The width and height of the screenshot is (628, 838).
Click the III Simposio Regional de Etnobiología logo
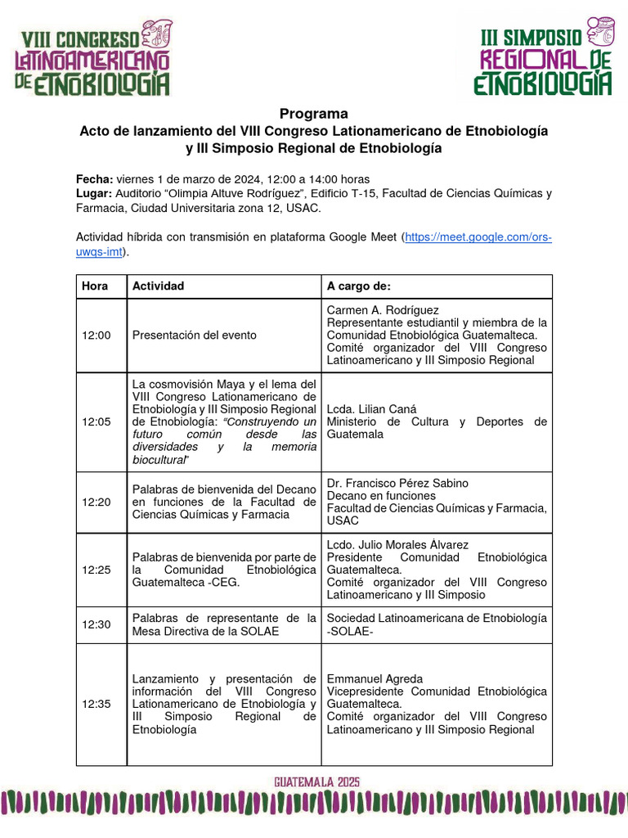[545, 57]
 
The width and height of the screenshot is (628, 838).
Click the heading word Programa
[314, 114]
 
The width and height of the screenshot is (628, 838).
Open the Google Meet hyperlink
[479, 237]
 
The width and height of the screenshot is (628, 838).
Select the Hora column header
[95, 286]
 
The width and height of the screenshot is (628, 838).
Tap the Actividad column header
[158, 286]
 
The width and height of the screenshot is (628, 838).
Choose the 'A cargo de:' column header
[359, 286]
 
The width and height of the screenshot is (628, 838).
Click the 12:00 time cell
[96, 336]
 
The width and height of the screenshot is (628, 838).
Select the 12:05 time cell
[96, 421]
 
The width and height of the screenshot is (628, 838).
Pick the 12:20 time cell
[96, 502]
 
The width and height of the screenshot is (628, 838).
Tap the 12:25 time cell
[96, 569]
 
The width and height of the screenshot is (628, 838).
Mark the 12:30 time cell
[96, 624]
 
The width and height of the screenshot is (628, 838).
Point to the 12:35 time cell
[96, 704]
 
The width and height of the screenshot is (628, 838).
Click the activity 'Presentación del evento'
[195, 336]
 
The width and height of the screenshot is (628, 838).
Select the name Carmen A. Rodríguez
[383, 310]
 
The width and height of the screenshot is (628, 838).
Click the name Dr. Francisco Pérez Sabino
[397, 484]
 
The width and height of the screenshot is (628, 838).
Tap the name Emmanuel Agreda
[375, 679]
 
